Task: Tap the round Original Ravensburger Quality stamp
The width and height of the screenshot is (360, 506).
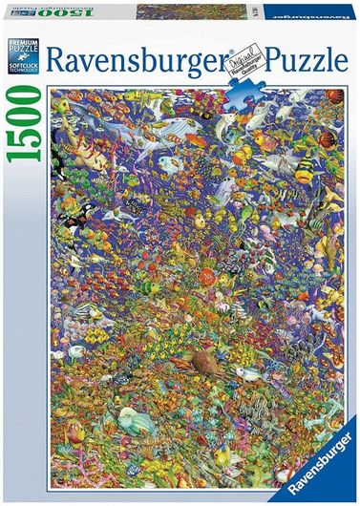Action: (x=245, y=60)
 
